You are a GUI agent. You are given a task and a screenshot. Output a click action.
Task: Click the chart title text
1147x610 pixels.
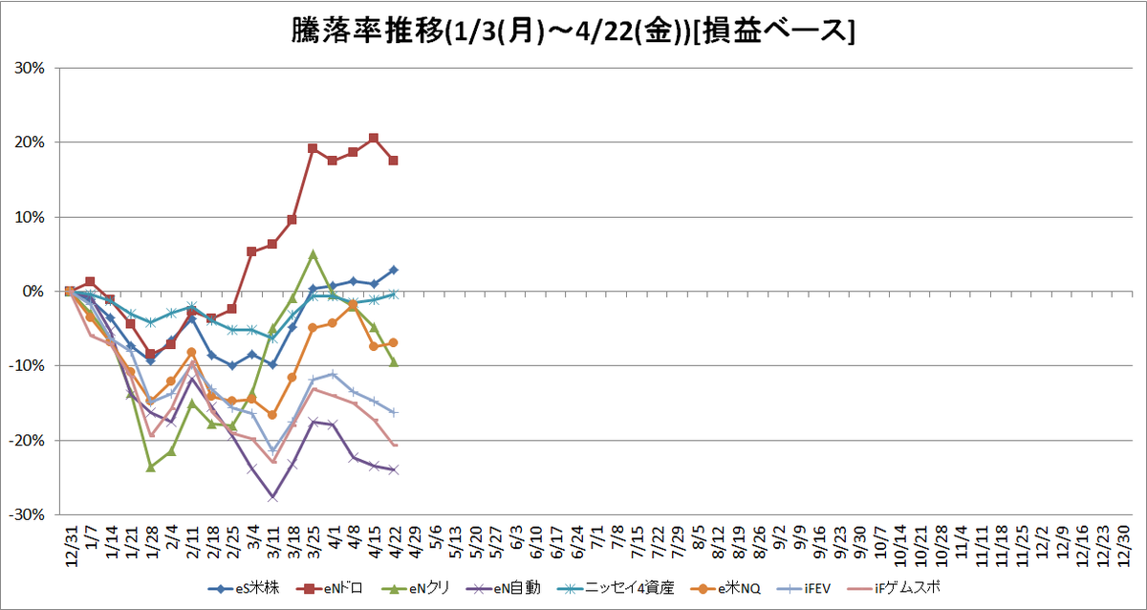pos(573,32)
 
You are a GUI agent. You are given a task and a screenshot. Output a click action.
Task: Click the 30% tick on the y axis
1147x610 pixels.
pos(30,68)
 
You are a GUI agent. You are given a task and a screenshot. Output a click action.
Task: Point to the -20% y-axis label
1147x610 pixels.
pos(27,441)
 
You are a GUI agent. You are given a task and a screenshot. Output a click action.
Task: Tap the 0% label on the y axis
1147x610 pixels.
pos(33,292)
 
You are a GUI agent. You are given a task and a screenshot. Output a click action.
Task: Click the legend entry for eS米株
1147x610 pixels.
pos(244,589)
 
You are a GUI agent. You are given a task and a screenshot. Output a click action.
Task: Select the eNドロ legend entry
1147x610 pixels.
pos(330,589)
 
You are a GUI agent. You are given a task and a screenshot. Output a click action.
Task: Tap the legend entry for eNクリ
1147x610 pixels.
pos(416,589)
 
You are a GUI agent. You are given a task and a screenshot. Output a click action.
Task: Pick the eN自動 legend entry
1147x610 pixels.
pos(504,589)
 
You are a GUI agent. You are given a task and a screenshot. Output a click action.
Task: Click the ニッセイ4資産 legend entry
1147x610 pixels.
pos(616,589)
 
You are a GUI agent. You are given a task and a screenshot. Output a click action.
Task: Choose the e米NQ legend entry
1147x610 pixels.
pos(725,589)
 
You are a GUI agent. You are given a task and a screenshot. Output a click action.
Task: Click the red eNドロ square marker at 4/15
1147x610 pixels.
pos(374,139)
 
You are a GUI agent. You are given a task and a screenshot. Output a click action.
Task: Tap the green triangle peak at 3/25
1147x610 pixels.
pos(314,254)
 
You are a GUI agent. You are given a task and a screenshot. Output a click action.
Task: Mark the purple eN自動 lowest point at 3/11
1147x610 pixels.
pos(273,497)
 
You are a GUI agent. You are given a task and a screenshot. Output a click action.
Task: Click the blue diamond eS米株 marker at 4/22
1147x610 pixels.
pos(394,270)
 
